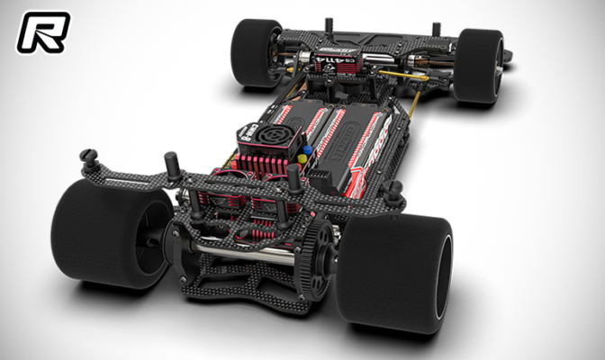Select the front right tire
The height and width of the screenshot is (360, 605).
(x=478, y=66)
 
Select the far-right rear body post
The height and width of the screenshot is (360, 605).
(x=393, y=192)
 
